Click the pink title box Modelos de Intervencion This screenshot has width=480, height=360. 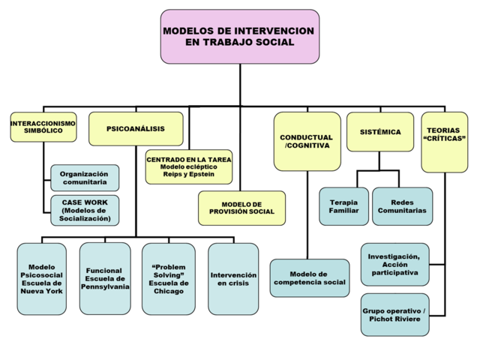240,36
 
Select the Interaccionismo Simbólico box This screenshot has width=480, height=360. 43,127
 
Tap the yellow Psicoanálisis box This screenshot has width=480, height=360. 136,129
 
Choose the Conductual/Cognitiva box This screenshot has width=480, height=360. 307,141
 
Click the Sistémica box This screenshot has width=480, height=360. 379,132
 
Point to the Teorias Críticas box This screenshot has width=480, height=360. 444,141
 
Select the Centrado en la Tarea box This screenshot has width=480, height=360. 189,166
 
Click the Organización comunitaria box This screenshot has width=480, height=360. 85,178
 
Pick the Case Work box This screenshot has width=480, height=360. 85,210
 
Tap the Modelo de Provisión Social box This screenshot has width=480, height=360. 241,208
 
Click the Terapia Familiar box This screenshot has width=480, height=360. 343,206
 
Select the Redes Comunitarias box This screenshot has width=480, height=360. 403,206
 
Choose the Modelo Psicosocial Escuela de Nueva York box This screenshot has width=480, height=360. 41,278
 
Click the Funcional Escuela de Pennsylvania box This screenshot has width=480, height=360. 105,278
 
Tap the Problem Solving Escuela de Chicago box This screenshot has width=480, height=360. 169,278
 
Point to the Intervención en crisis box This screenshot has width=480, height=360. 232,279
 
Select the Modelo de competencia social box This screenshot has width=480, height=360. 309,278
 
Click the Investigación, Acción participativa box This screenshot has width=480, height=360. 394,264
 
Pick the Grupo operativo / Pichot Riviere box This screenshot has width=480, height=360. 394,315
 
